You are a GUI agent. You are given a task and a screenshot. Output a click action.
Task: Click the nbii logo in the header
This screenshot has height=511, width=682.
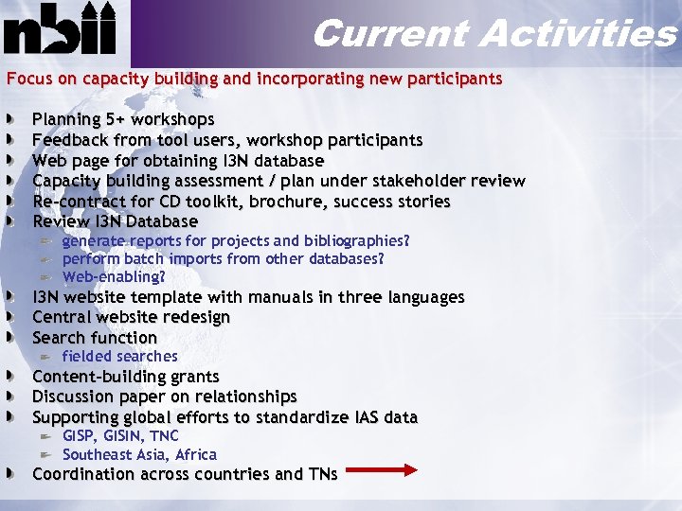tap(61, 30)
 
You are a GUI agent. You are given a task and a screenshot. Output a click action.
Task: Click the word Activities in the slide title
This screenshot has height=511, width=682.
tap(577, 34)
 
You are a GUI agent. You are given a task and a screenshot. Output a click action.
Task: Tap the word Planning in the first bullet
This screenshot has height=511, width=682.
tap(65, 120)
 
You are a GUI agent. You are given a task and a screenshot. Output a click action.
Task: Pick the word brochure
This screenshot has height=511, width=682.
tap(302, 202)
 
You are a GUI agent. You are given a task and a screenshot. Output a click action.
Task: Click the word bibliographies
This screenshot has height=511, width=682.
tap(357, 241)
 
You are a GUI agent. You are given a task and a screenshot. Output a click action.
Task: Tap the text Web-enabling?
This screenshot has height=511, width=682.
tap(114, 277)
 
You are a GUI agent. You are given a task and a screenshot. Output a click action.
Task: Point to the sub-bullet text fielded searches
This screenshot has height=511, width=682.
tap(119, 357)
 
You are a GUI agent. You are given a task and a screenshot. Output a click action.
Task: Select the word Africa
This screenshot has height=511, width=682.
tap(196, 455)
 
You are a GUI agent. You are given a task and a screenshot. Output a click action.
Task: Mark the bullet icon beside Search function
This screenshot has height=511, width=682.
tap(9, 338)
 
